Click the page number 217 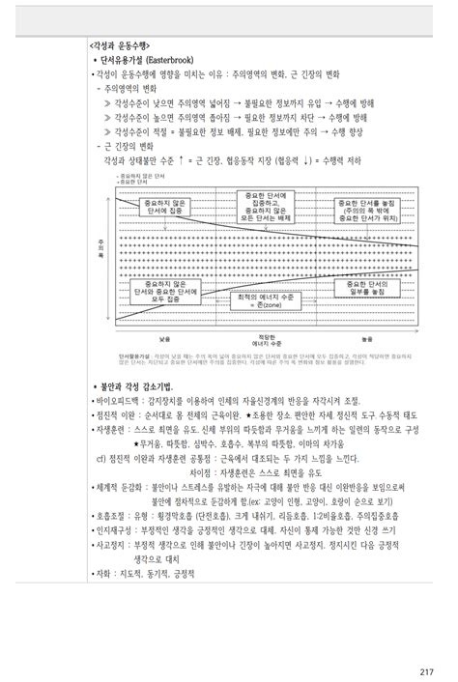[x=426, y=645]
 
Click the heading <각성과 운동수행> [x=121, y=45]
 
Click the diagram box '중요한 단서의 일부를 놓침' [x=358, y=288]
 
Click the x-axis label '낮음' [x=165, y=338]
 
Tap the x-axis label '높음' [x=364, y=338]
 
